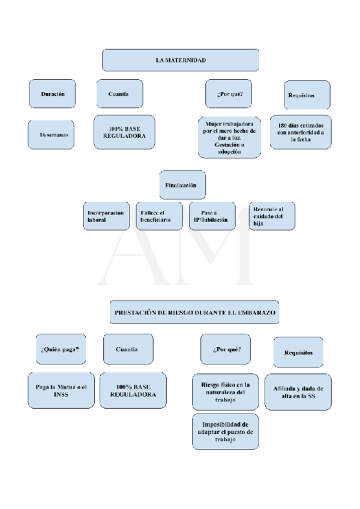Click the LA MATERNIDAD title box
[x=181, y=61]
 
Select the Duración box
[x=52, y=94]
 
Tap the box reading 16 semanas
[x=53, y=135]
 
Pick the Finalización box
[x=182, y=185]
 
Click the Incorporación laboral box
[x=106, y=216]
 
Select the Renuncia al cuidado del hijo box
[x=271, y=215]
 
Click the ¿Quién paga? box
[x=60, y=349]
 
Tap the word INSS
[x=61, y=395]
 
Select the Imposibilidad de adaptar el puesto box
[x=225, y=432]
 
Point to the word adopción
[x=229, y=152]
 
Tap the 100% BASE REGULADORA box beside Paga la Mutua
[x=133, y=390]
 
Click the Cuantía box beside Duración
[x=119, y=94]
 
